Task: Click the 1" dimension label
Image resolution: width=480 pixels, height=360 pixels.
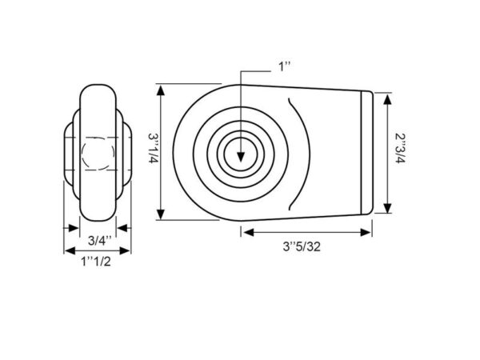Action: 284,66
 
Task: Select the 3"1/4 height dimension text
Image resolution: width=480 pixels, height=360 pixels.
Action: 154,148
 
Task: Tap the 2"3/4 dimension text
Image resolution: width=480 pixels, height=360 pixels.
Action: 400,148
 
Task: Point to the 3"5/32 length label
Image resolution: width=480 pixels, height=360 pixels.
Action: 302,246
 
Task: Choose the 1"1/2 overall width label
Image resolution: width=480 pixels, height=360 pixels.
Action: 96,262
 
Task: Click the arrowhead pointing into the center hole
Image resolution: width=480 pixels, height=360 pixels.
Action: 241,158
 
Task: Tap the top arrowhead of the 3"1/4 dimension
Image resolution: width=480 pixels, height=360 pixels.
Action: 161,90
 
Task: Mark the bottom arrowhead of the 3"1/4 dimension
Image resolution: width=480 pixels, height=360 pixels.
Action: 161,214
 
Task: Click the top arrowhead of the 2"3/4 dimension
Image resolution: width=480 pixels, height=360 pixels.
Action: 387,100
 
